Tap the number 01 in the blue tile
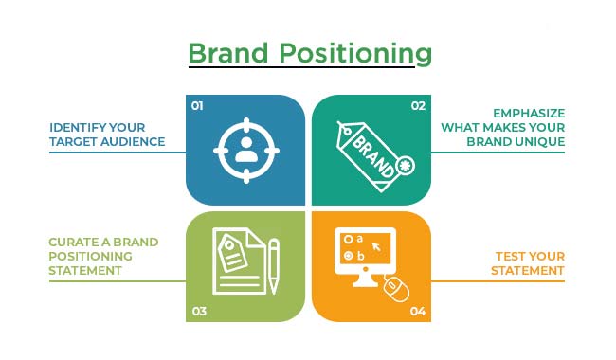pos(198,106)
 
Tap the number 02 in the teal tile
pos(418,106)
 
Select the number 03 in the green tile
pos(198,310)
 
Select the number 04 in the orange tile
pos(418,310)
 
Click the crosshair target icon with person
pos(245,150)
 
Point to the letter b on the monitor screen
pos(362,256)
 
